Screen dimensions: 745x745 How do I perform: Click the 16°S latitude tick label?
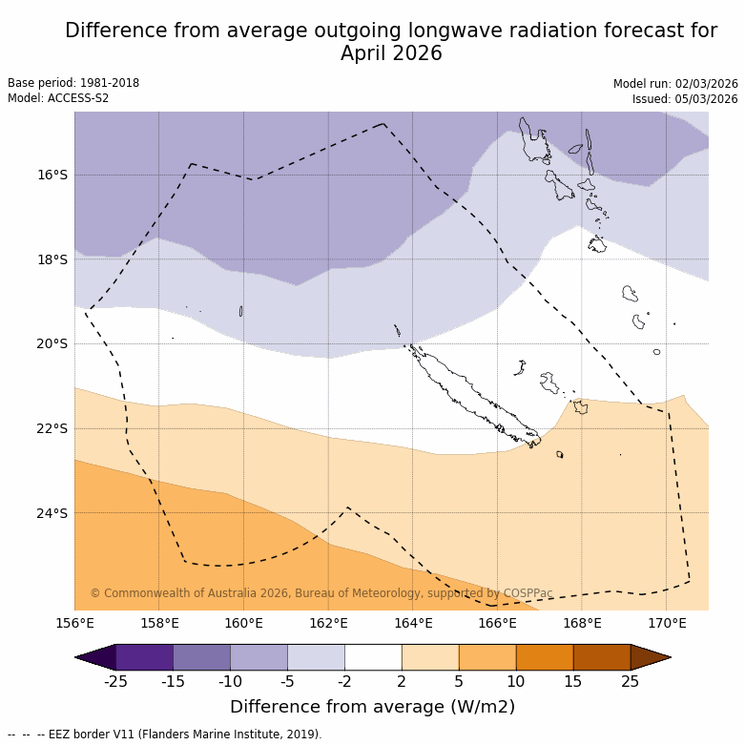[52, 175]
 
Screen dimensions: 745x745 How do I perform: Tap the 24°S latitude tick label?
[52, 513]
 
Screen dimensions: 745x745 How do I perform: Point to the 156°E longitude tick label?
[74, 624]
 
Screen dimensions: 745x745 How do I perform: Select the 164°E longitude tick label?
[413, 624]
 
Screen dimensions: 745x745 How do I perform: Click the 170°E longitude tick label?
[667, 624]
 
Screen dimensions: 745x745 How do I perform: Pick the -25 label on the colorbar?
[115, 680]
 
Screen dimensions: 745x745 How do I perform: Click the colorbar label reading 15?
[573, 680]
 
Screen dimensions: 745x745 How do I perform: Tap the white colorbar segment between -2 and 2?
[373, 657]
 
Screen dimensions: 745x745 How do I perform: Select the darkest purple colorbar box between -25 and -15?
[144, 657]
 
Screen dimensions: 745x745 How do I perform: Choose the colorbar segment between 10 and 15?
[545, 657]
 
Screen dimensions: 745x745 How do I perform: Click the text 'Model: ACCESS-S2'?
[58, 98]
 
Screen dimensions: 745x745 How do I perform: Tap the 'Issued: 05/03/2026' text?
[685, 99]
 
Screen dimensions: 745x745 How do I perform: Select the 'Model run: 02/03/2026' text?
[675, 84]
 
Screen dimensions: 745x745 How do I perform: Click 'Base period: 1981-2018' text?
[73, 83]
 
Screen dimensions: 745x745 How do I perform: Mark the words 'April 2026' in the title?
[391, 53]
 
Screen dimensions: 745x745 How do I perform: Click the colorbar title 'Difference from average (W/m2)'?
[372, 707]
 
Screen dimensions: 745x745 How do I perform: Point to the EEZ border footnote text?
[165, 735]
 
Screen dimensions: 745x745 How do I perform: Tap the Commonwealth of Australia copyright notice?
[321, 593]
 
